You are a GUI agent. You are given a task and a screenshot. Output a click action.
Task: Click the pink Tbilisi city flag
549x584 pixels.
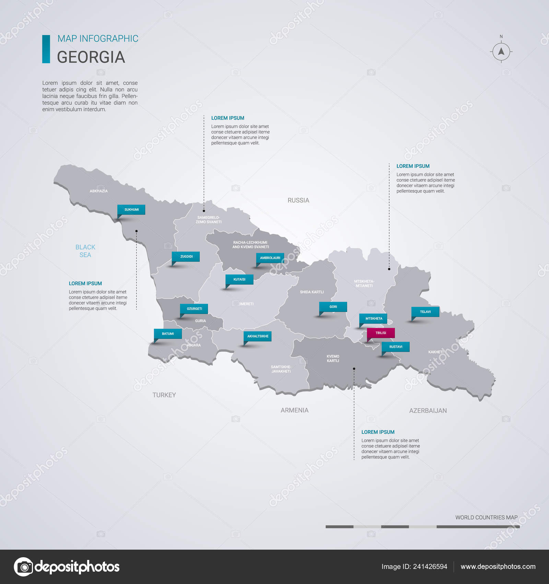tap(381, 333)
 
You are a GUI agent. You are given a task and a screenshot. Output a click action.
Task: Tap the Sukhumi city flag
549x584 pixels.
tap(131, 210)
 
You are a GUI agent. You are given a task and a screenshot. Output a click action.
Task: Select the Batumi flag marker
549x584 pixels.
tap(168, 334)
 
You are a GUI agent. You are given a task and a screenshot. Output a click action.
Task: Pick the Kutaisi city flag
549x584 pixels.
tap(240, 279)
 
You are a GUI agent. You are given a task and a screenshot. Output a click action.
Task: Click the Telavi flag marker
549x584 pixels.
tap(425, 312)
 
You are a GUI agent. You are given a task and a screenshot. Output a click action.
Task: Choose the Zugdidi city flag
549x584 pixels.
tap(186, 257)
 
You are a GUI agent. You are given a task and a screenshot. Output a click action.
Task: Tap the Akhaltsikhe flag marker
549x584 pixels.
tap(258, 336)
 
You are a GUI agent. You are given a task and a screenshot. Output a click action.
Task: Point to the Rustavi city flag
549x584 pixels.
tap(396, 347)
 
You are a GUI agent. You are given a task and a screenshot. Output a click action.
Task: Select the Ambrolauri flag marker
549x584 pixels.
tap(270, 258)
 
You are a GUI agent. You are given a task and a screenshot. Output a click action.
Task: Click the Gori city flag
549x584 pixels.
tap(333, 307)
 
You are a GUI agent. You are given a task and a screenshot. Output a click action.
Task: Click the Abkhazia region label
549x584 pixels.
tap(99, 191)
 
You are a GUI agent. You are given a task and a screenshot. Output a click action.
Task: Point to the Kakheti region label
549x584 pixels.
tap(436, 352)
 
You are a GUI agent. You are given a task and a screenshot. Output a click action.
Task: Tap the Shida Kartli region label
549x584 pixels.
tap(312, 292)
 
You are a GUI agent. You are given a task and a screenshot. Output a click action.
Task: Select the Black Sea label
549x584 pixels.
tap(85, 251)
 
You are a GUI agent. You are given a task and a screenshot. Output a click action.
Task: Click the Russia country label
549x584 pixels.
tap(298, 200)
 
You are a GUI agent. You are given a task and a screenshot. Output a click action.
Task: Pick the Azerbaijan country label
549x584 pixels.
tap(428, 411)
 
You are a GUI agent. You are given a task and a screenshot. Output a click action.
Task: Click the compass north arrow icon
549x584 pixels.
tap(501, 52)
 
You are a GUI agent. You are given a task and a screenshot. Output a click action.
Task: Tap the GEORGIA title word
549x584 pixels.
tap(91, 57)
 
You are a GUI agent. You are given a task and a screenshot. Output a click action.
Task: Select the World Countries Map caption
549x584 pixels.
tap(486, 517)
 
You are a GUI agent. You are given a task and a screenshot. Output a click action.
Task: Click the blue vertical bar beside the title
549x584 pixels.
tap(46, 49)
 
